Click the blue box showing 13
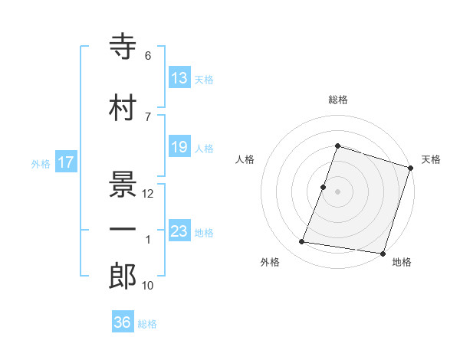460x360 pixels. coord(179,78)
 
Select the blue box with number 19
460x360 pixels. coord(179,148)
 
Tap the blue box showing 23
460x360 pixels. coord(179,232)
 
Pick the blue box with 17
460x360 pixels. coord(66,162)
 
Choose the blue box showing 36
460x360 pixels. coord(123,323)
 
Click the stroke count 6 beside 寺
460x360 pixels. coord(147,56)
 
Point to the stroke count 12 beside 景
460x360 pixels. coord(148,194)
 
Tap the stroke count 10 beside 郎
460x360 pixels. coord(148,286)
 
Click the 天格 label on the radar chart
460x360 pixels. coord(431,159)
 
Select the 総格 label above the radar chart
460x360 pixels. coord(337,100)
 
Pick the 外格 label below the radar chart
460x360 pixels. coord(270,263)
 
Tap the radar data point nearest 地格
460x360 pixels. coord(383,254)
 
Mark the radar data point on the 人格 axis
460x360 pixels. coord(324,187)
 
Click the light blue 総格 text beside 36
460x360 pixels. coord(147,324)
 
